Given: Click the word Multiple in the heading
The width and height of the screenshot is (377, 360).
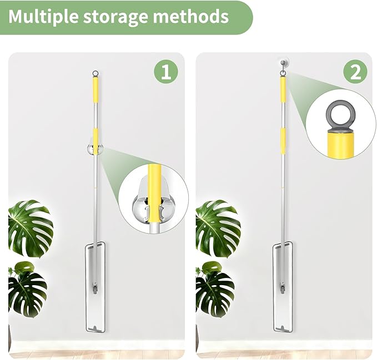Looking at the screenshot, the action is tap(43, 17).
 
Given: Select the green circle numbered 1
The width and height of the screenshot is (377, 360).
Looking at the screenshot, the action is tap(166, 72).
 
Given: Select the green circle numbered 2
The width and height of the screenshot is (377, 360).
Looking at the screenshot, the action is tap(355, 72).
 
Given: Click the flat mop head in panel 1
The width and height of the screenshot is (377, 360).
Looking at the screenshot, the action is tap(95, 288).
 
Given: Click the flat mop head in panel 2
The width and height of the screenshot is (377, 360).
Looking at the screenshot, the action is tap(283, 287).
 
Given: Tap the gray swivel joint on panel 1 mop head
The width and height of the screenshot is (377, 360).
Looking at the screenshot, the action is tap(95, 288).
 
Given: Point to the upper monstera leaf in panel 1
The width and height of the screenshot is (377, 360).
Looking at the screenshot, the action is tap(31, 228).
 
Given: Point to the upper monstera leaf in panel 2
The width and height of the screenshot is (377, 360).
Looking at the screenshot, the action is tap(218, 228).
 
